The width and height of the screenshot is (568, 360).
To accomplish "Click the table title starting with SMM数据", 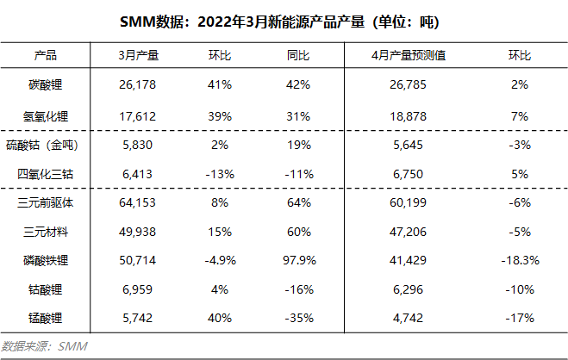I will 284,20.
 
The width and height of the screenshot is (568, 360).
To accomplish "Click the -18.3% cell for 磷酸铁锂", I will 520,260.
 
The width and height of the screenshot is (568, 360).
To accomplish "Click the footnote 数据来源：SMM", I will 45,346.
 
